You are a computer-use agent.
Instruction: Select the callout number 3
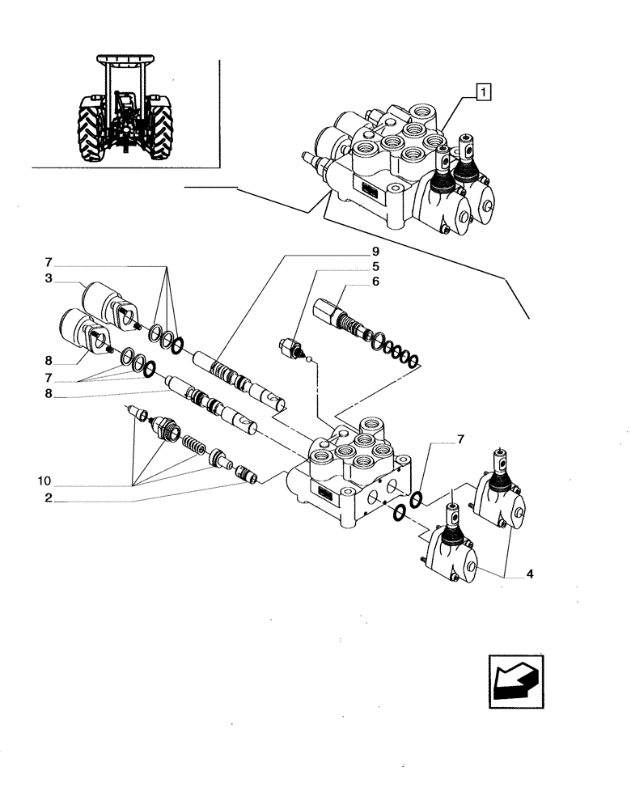point(50,278)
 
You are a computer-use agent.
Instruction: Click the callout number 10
point(50,481)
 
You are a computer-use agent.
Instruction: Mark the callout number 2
point(50,499)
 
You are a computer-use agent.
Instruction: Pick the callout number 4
point(529,575)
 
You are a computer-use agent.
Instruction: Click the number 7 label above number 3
point(50,264)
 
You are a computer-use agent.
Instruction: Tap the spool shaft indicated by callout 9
point(235,377)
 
